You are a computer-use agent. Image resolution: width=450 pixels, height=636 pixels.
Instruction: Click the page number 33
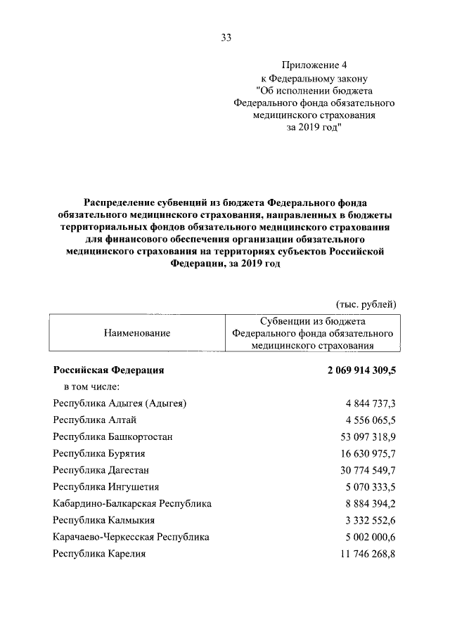[x=225, y=38]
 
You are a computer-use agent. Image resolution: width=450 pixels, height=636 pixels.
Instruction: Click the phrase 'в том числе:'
[x=91, y=386]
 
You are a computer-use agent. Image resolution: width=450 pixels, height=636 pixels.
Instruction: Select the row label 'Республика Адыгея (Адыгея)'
[x=120, y=403]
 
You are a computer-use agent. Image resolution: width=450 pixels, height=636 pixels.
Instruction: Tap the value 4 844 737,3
[x=371, y=403]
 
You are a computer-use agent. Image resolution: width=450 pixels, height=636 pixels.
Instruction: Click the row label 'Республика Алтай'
[x=95, y=420]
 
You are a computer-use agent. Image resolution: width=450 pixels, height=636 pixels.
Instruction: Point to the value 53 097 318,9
[x=368, y=436]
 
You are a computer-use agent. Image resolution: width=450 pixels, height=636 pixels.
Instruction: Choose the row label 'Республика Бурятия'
[x=99, y=453]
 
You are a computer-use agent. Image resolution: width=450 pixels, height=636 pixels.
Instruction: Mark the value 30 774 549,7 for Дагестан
[x=368, y=470]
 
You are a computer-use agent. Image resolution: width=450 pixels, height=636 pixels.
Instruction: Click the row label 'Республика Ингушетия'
[x=106, y=486]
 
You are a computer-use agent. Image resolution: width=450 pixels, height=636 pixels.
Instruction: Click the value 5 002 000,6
[x=371, y=537]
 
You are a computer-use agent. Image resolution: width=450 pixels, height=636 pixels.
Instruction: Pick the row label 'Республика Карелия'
[x=99, y=554]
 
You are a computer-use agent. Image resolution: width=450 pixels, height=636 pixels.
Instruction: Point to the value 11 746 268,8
[x=368, y=554]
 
